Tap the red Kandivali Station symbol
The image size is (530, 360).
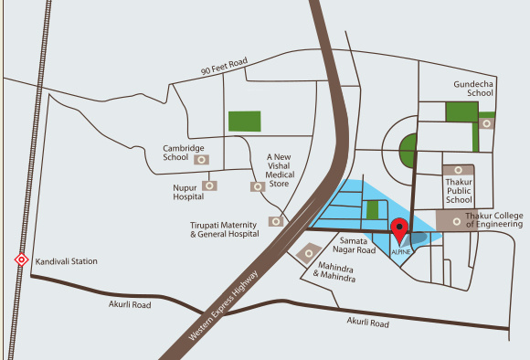pos(21,260)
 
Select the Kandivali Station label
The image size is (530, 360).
pos(66,261)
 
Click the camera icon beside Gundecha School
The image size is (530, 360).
pos(488,122)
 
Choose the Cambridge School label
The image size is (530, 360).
pos(183,153)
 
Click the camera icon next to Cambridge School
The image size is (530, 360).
pos(203,159)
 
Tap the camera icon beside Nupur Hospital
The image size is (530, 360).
pos(211,185)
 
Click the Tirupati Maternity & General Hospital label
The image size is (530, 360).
pos(228,228)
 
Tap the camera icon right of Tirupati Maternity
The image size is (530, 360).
pos(275,221)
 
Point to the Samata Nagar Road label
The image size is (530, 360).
pos(352,244)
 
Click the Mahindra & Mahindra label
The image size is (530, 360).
pos(334,272)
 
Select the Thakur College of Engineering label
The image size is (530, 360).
pos(494,218)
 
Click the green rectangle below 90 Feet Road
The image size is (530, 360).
pos(244,121)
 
